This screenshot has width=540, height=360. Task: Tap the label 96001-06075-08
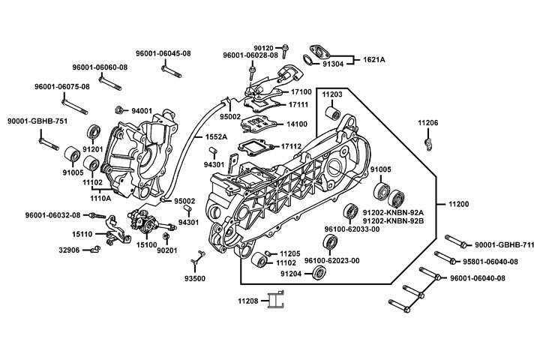[x=61, y=86]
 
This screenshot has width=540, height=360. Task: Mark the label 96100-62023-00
[x=331, y=260]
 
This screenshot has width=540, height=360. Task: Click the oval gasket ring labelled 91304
[x=311, y=60]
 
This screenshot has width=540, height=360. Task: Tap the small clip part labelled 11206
[x=428, y=140]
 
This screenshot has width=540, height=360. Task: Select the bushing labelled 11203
[x=330, y=114]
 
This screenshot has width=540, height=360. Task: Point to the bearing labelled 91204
[x=321, y=273]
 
